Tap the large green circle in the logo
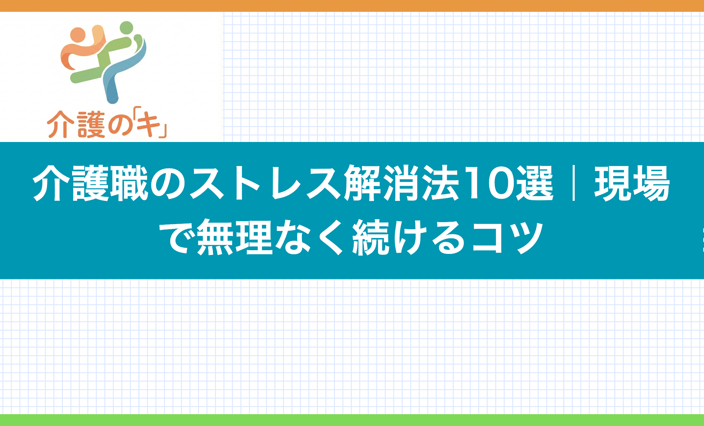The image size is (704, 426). click(127, 28)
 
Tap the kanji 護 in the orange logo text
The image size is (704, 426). click(91, 125)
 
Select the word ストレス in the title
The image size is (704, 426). click(265, 183)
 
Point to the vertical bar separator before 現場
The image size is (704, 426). click(573, 183)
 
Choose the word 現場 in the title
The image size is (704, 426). click(632, 183)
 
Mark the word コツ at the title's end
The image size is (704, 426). click(508, 237)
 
